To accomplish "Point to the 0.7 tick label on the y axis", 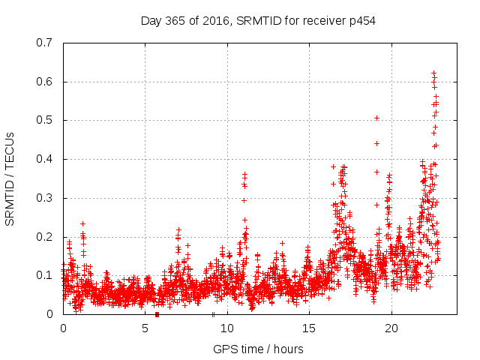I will (x=46, y=43).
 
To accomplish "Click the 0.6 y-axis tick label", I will (x=46, y=82).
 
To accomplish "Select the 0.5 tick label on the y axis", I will (x=46, y=120).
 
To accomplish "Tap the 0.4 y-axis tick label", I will (x=46, y=159).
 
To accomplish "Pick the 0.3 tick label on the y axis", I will (x=46, y=198).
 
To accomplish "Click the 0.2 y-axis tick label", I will (x=46, y=237).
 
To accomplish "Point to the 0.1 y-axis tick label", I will (x=46, y=275).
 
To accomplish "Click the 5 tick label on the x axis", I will (x=145, y=328).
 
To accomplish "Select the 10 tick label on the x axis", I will (x=227, y=328).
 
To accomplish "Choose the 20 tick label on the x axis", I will (x=391, y=328).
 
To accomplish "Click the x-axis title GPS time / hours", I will (x=258, y=349).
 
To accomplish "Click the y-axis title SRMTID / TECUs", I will (x=10, y=178).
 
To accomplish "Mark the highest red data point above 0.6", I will (x=433, y=73).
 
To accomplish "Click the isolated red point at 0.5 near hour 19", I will (x=376, y=118).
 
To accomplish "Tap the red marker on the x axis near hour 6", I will (x=157, y=314).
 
